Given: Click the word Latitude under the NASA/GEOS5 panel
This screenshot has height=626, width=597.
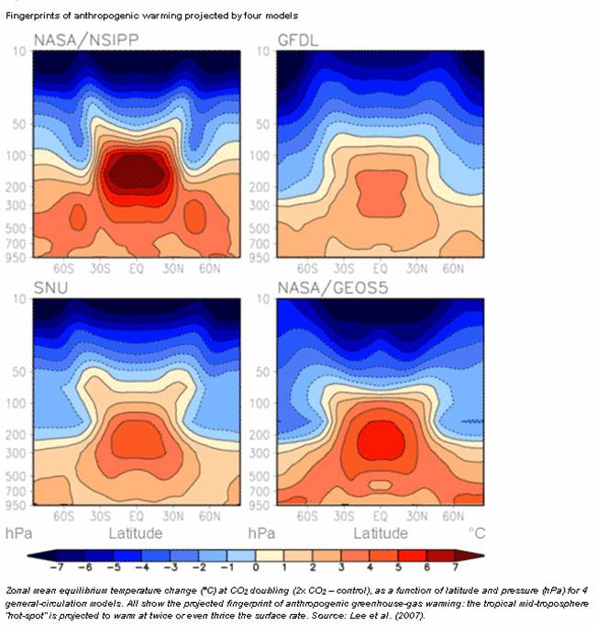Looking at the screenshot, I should pos(381,533).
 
